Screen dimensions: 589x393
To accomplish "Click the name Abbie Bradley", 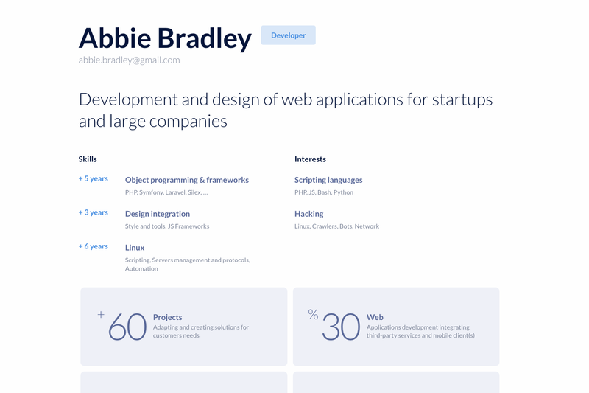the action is (x=165, y=39).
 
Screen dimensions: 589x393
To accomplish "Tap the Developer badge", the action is (x=289, y=35).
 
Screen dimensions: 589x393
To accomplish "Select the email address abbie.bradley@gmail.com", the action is (x=130, y=60).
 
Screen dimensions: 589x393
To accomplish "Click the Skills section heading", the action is (x=88, y=159).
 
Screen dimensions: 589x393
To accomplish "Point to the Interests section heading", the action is (x=310, y=159).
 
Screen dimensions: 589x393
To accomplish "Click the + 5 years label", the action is (x=94, y=178).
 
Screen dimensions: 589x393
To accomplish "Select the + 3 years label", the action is (x=94, y=212).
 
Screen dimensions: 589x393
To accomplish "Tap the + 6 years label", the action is (x=94, y=246).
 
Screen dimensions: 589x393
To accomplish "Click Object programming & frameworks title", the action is (x=187, y=180).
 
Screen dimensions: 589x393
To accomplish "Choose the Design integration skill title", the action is (x=158, y=214).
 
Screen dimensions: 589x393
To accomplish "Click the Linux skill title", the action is (x=135, y=248).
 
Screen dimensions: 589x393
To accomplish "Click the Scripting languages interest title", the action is (x=328, y=180).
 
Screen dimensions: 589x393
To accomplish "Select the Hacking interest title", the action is (x=308, y=214).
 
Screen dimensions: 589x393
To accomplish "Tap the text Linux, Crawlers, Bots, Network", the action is (x=336, y=226).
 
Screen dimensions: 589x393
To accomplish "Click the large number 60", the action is (x=127, y=327).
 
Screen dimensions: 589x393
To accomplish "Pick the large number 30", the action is (x=341, y=327).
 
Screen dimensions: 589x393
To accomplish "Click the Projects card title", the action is (x=168, y=317).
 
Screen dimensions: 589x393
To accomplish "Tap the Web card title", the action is (x=375, y=317).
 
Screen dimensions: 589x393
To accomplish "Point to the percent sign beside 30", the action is (x=314, y=314).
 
